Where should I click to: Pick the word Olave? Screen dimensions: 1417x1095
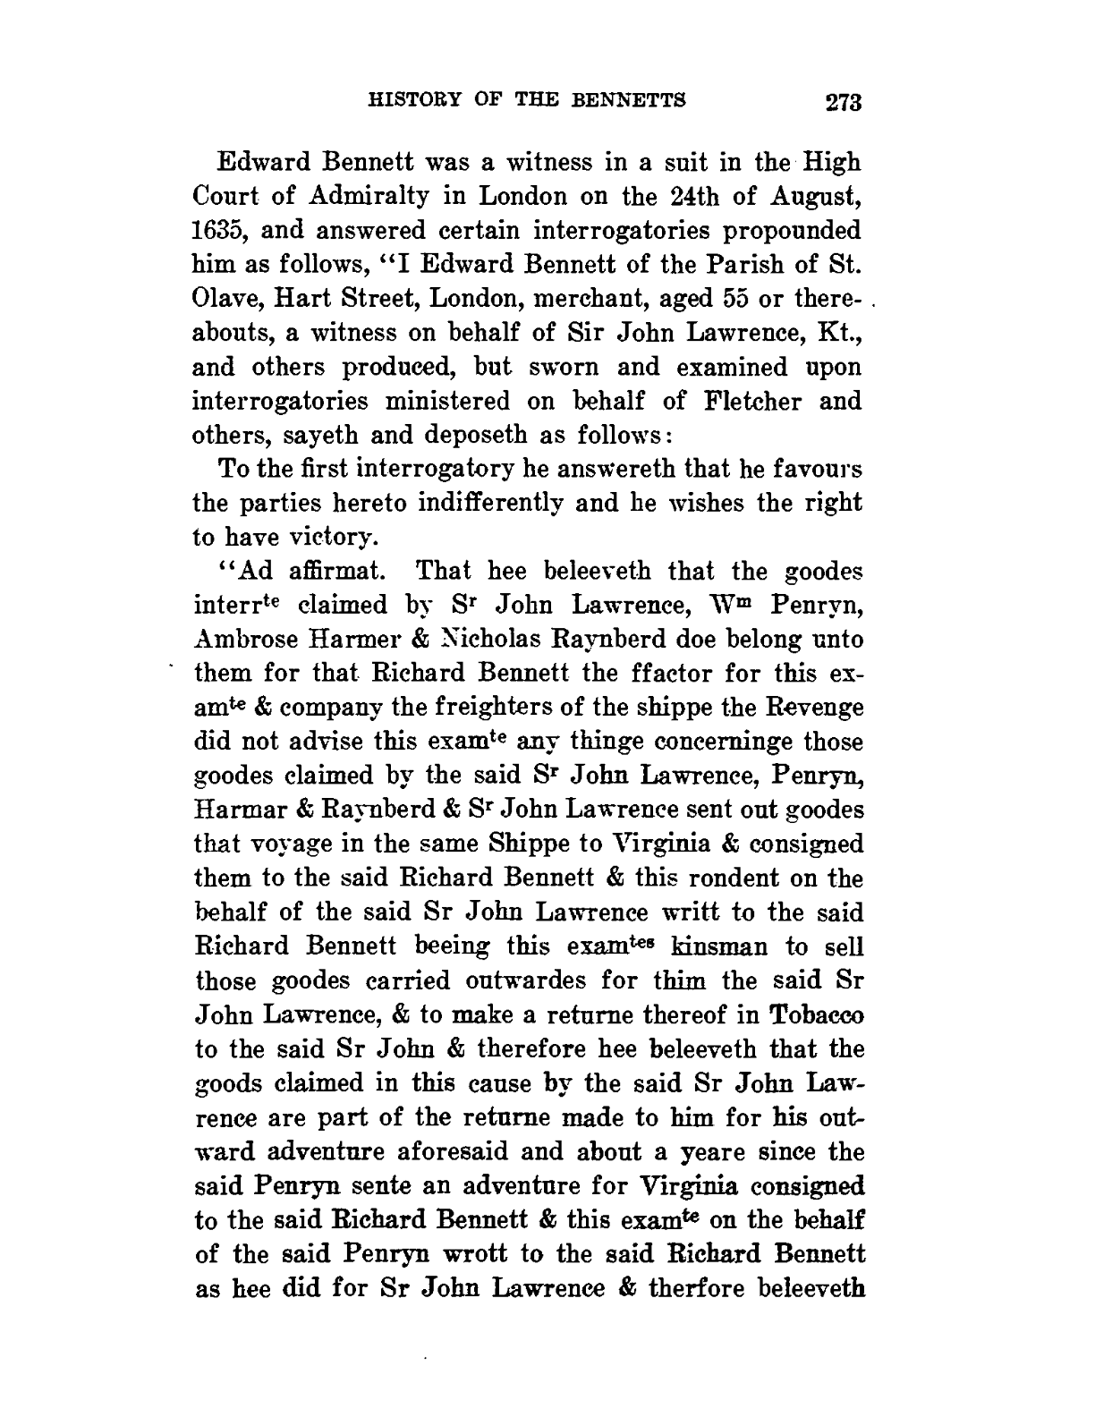tap(227, 300)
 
